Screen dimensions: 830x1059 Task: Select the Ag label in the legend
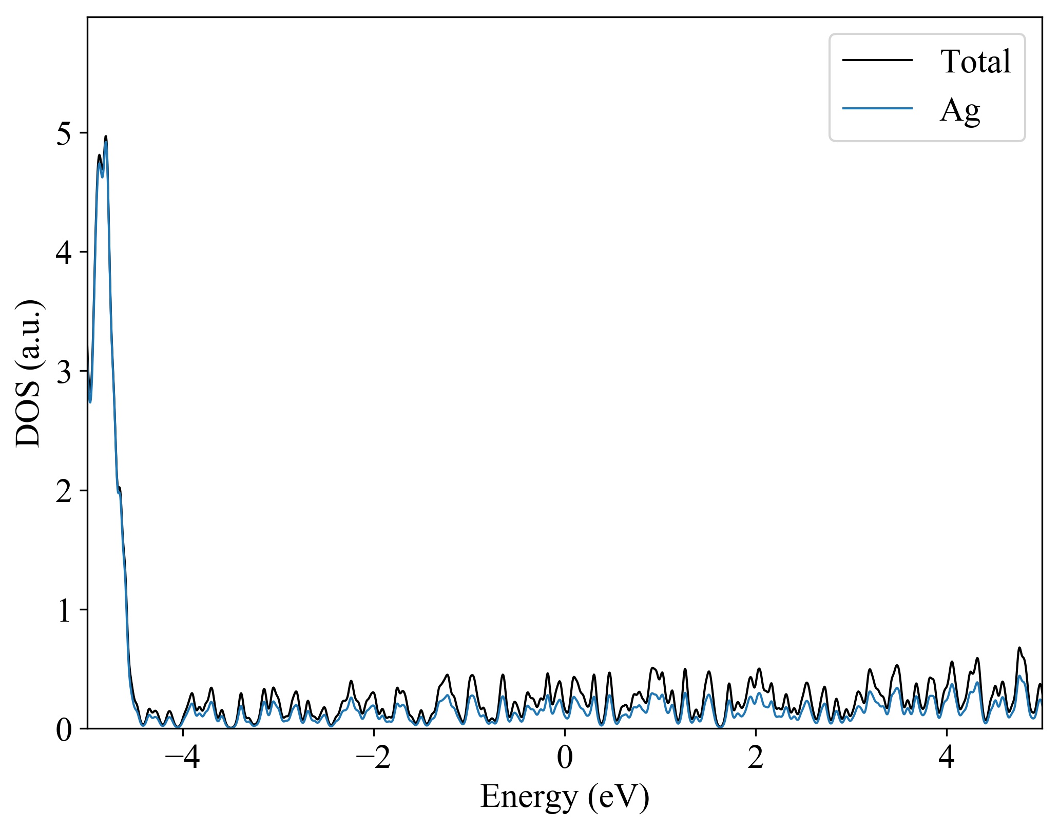click(960, 110)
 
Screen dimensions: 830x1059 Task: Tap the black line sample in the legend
click(877, 60)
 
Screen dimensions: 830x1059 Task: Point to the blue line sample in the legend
click(877, 108)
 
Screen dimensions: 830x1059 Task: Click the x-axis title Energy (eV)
click(565, 797)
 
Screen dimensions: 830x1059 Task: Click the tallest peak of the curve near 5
click(106, 137)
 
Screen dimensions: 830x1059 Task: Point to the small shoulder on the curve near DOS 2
click(120, 489)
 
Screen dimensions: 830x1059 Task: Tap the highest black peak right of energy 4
click(1019, 648)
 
